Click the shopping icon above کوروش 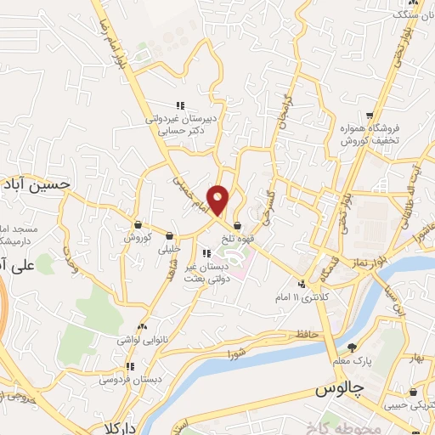coord(138,224)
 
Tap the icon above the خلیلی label coord(170,236)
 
